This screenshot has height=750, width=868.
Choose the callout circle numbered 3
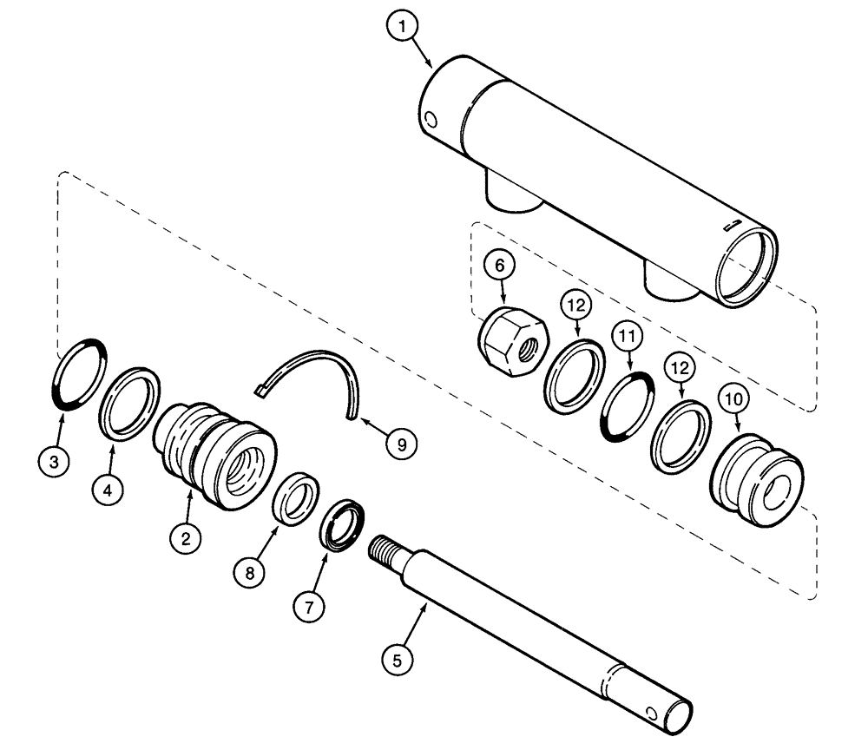point(54,462)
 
